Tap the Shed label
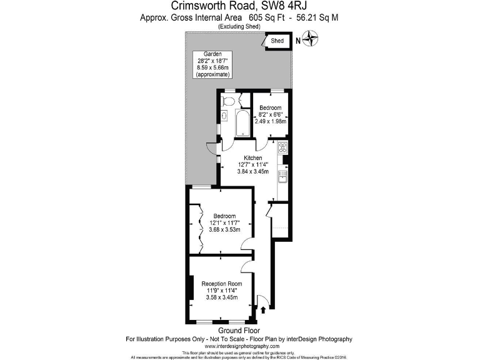[x=277, y=41]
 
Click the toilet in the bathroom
[x=228, y=100]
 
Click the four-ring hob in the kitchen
[x=282, y=149]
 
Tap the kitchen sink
[x=282, y=177]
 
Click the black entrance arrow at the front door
[x=263, y=308]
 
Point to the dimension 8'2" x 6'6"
[x=270, y=114]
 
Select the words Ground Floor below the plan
[x=239, y=330]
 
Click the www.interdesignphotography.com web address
[x=239, y=346]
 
